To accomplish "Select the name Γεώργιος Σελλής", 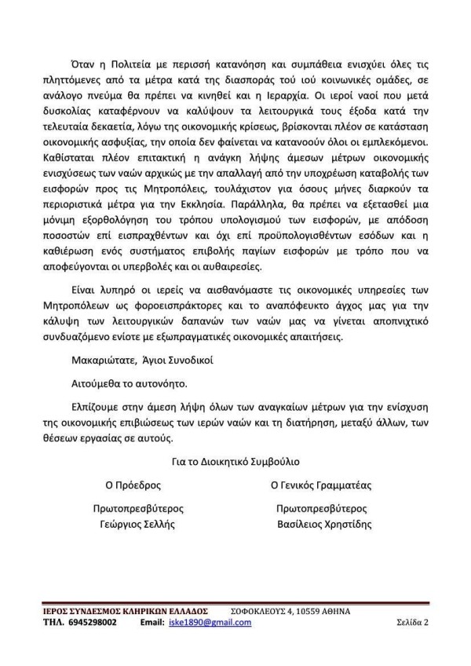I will click(x=132, y=524).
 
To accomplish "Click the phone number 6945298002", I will click(x=91, y=623).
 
